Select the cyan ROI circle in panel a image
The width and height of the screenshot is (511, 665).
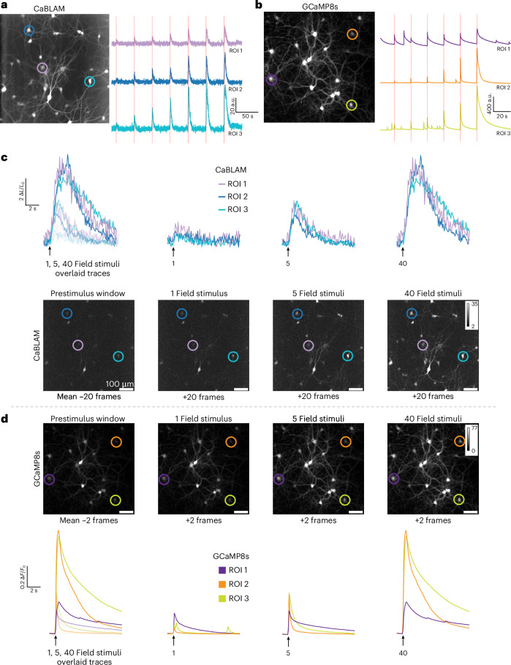click(x=89, y=82)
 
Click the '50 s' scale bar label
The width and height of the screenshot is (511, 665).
click(x=247, y=116)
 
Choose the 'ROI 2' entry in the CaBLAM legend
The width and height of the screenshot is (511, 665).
click(x=238, y=197)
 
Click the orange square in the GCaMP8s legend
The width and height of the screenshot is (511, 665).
click(x=222, y=584)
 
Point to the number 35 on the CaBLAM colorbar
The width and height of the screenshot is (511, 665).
click(x=474, y=304)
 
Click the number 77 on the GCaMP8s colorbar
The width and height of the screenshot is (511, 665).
click(x=474, y=428)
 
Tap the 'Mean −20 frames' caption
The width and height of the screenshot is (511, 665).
click(x=89, y=397)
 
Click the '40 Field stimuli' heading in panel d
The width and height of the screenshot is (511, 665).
click(x=433, y=419)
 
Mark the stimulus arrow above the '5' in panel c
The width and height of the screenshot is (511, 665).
click(x=288, y=252)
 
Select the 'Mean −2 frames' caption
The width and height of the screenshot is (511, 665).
click(x=88, y=520)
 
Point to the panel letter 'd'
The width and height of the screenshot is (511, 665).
click(x=4, y=419)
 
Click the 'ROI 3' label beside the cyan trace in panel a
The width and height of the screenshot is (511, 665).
click(x=235, y=134)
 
